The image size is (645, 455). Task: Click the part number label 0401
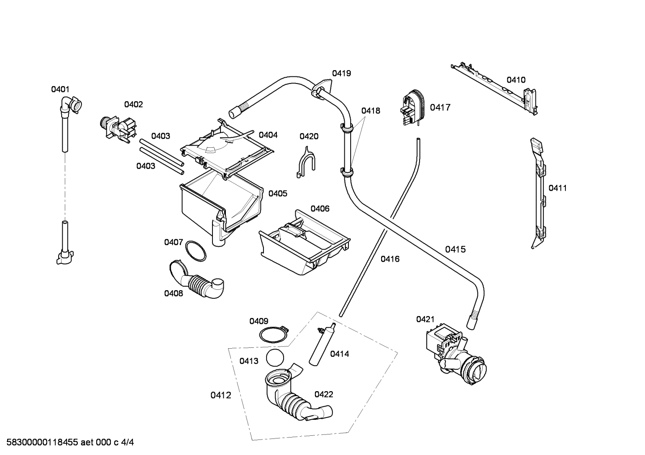click(x=60, y=89)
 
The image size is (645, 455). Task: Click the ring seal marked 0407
click(x=195, y=251)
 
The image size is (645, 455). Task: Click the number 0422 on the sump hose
click(x=323, y=394)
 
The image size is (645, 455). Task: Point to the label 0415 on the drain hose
click(x=455, y=250)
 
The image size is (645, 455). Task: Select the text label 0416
click(x=390, y=259)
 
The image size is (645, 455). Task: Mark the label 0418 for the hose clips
click(x=370, y=111)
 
